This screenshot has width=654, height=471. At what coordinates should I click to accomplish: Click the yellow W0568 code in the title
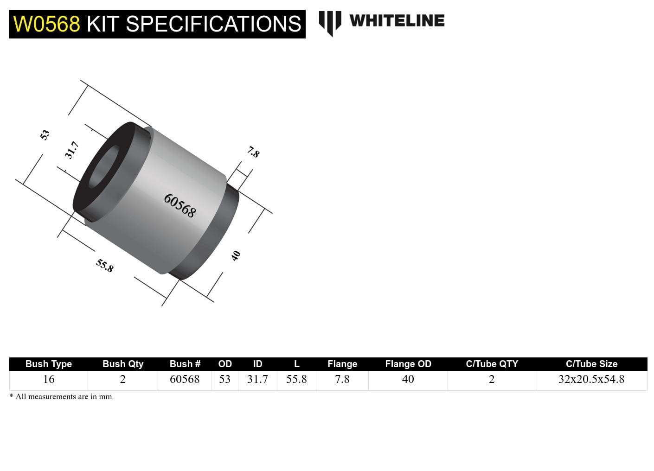[x=46, y=24]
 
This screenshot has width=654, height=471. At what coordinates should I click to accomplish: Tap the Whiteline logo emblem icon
[x=330, y=23]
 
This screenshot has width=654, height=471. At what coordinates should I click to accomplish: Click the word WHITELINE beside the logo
[x=397, y=21]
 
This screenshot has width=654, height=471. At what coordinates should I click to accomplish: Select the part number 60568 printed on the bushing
[x=180, y=205]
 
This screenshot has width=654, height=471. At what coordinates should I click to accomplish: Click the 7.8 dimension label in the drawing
[x=253, y=152]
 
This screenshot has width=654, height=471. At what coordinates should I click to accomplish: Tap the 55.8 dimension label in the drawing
[x=105, y=266]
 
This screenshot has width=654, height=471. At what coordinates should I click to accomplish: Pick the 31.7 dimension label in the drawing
[x=71, y=150]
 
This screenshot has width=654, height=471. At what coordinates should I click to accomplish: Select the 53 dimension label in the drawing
[x=45, y=135]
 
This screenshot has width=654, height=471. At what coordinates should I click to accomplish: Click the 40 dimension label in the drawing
[x=236, y=255]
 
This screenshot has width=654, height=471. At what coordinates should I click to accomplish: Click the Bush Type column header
[x=49, y=364]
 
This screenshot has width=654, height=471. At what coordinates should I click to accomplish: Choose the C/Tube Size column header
[x=591, y=364]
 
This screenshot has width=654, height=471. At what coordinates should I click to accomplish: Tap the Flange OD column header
[x=408, y=364]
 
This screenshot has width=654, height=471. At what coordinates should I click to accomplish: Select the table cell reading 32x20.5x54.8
[x=591, y=379]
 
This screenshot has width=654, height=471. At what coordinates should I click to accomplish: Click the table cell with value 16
[x=49, y=379]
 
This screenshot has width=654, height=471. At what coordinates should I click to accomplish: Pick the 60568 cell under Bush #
[x=185, y=379]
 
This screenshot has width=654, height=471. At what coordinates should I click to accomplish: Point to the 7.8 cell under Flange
[x=342, y=379]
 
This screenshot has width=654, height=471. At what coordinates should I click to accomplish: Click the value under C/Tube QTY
[x=492, y=379]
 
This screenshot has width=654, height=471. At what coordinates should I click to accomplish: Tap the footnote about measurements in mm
[x=61, y=397]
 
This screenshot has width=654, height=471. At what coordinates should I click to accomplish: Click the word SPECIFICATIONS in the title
[x=213, y=24]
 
